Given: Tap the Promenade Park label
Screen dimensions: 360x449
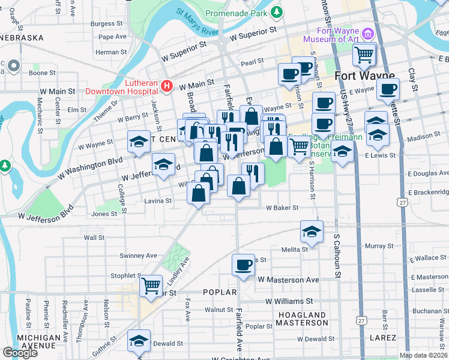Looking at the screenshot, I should tap(236, 13).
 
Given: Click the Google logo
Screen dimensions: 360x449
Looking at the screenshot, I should tap(20, 353).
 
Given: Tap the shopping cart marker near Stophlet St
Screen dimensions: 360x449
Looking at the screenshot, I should tap(151, 285).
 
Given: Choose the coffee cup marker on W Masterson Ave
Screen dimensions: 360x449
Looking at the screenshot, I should tap(244, 265).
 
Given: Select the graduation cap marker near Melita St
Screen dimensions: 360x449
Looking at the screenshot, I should tap(311, 231).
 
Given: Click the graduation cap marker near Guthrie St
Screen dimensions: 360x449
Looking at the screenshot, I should tap(139, 340).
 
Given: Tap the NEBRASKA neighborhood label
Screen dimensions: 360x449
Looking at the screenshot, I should tap(22, 37).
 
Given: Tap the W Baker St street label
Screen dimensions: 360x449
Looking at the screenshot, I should tap(282, 208).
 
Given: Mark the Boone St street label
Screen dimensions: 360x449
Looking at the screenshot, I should tap(42, 73).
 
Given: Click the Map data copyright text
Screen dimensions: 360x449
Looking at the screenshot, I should tap(423, 355).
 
